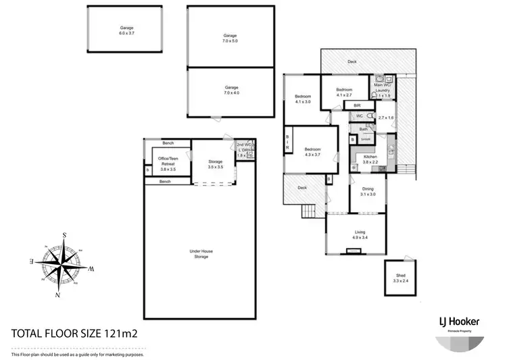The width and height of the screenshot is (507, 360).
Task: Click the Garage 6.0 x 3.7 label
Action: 127,30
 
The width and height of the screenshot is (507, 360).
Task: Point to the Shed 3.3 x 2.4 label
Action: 401,278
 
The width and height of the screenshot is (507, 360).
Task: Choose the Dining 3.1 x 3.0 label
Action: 368,192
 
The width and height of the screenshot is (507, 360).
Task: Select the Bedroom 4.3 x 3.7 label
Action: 312,152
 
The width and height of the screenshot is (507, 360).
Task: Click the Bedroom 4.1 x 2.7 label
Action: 344,92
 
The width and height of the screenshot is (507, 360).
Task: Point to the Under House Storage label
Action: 201,253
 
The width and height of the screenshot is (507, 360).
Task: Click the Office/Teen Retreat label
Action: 166,163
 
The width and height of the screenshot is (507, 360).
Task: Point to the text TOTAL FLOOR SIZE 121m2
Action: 80,333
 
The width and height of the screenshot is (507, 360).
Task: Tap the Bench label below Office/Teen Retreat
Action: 165,182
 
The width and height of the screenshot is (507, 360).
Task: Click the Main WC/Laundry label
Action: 384,90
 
